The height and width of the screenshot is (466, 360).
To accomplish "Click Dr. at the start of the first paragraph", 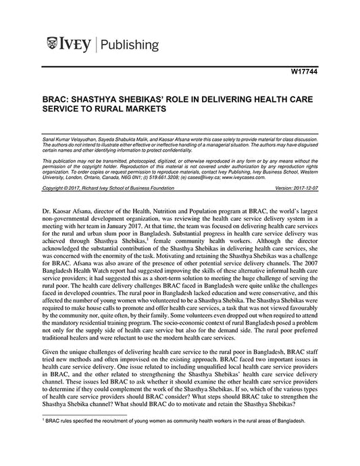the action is (x=46, y=203).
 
